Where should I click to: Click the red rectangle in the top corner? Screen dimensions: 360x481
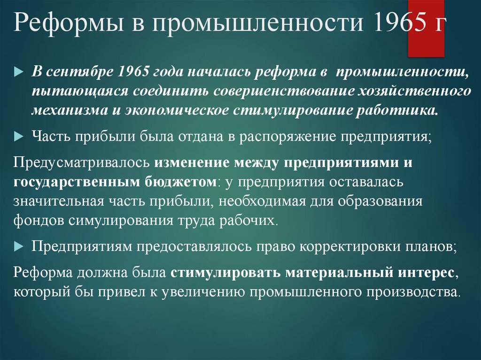(425, 28)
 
